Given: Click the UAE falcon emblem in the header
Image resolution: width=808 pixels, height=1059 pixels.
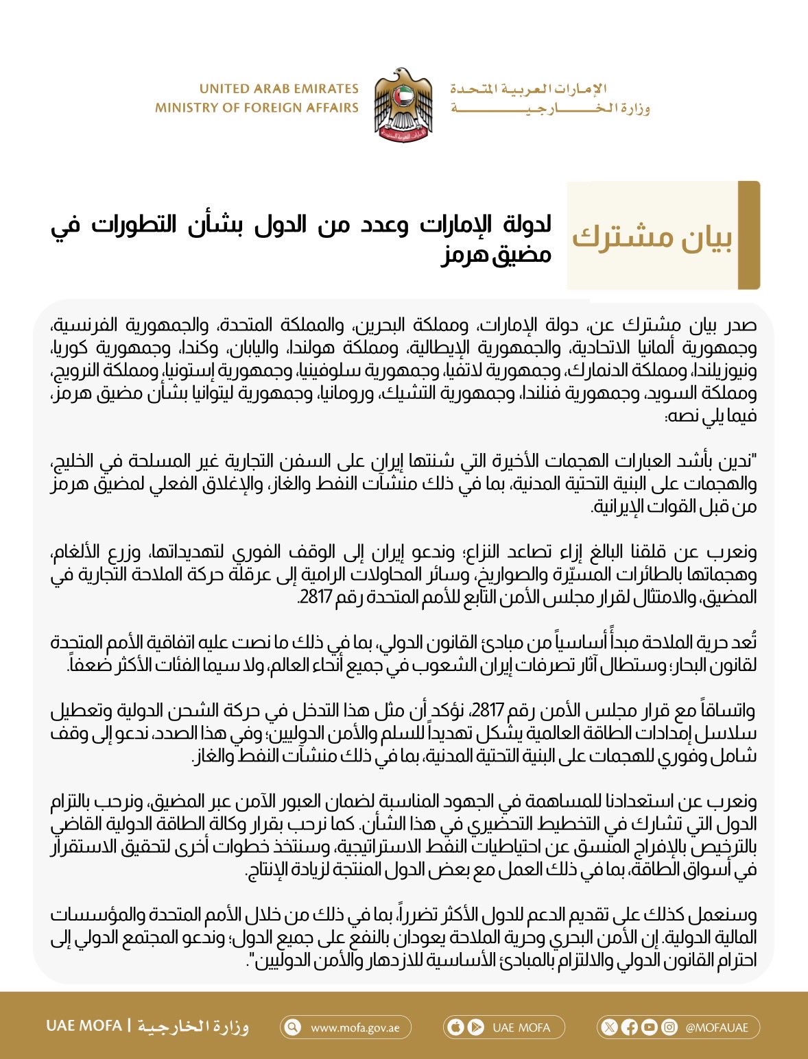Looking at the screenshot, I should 403,104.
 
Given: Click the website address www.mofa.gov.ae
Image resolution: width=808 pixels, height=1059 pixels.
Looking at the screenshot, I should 355,1027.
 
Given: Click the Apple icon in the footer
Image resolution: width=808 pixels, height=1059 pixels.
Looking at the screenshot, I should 455,1027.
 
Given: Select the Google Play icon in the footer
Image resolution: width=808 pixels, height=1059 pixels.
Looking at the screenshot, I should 475,1027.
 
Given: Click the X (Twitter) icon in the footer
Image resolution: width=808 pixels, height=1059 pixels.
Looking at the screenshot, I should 610,1027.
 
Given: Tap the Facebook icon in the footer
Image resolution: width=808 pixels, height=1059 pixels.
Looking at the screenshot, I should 630,1027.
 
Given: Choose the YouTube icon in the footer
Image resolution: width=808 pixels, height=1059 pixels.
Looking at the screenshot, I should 650,1027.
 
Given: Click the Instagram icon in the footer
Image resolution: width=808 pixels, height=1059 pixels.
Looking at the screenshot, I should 669,1027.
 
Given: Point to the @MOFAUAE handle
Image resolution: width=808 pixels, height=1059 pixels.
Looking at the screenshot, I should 717,1027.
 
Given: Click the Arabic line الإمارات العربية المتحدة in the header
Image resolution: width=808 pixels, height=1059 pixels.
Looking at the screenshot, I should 529,89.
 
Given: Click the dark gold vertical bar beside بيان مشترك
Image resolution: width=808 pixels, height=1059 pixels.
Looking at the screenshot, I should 749,235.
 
